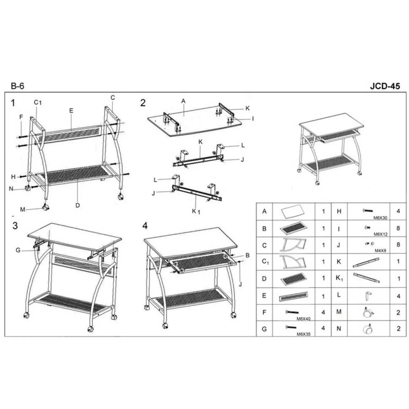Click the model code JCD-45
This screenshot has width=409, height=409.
pyautogui.click(x=385, y=86)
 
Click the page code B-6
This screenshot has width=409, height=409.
pyautogui.click(x=17, y=86)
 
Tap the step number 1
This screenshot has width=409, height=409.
pyautogui.click(x=13, y=103)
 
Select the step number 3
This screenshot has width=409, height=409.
pyautogui.click(x=15, y=226)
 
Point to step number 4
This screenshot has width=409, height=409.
pyautogui.click(x=145, y=226)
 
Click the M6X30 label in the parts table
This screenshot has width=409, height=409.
pyautogui.click(x=380, y=218)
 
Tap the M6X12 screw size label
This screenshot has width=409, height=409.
pyautogui.click(x=380, y=234)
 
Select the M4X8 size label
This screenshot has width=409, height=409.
pyautogui.click(x=380, y=251)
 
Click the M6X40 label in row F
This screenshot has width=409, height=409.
pyautogui.click(x=303, y=319)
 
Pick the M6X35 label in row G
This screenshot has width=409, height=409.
pyautogui.click(x=303, y=334)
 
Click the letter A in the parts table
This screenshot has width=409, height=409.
pyautogui.click(x=264, y=211)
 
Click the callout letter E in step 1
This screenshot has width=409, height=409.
pyautogui.click(x=71, y=111)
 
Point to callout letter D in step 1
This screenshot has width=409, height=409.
pyautogui.click(x=78, y=205)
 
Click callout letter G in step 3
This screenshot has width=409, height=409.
pyautogui.click(x=18, y=250)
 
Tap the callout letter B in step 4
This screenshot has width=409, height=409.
pyautogui.click(x=248, y=255)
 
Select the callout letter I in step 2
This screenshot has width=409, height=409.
pyautogui.click(x=253, y=119)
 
